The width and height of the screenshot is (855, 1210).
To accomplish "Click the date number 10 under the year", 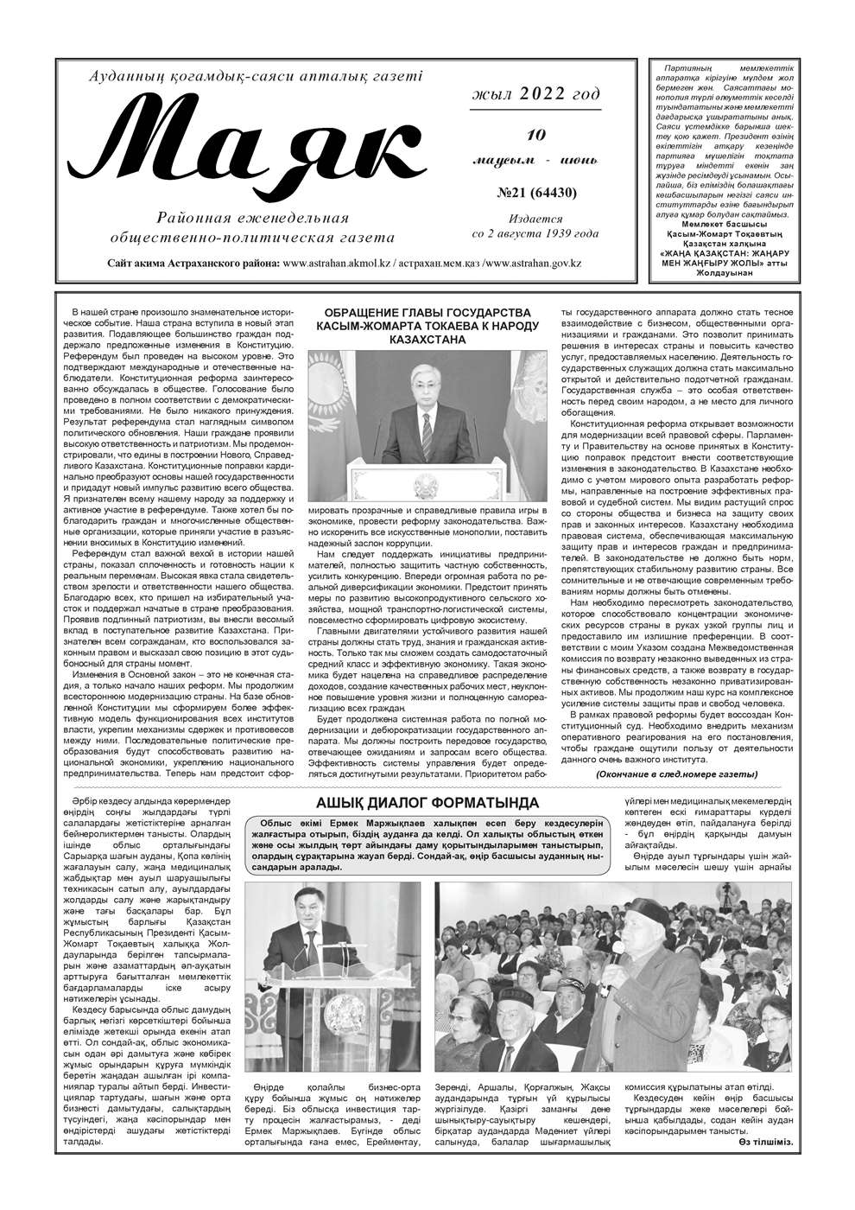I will (x=536, y=134).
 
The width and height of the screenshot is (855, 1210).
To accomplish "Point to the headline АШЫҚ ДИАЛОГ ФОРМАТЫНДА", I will (x=427, y=803).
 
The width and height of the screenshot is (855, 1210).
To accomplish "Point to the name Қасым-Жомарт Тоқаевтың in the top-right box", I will (x=727, y=234).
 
